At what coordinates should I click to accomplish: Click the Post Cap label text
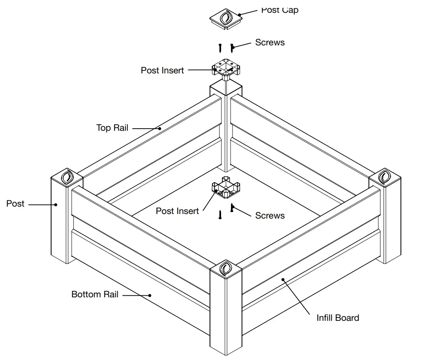click(279, 10)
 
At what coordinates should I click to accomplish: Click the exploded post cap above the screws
click(225, 19)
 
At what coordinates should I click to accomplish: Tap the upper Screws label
click(270, 42)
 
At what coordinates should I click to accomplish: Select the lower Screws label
click(270, 215)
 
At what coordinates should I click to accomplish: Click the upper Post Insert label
click(162, 70)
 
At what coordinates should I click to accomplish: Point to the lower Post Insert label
click(177, 211)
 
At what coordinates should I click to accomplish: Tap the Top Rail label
click(112, 128)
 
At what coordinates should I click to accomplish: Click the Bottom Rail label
click(95, 294)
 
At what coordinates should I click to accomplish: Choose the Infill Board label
click(337, 318)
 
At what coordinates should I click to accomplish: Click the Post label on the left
click(15, 203)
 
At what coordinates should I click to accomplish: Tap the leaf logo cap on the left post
click(66, 177)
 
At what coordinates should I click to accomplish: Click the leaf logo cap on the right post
click(385, 177)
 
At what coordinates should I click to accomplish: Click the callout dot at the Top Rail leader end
click(159, 128)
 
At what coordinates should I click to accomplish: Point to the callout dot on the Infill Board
click(283, 280)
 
